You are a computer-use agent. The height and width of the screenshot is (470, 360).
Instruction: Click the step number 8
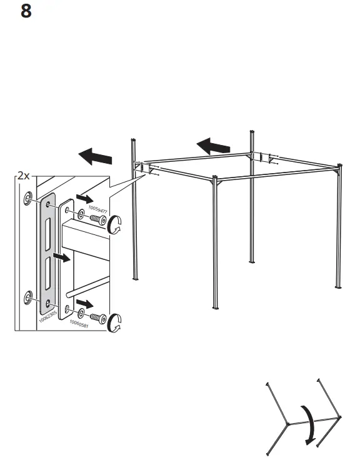tap(26, 11)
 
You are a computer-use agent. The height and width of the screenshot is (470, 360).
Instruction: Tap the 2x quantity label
tap(24, 176)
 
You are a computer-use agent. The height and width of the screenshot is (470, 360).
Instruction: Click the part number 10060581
tap(79, 323)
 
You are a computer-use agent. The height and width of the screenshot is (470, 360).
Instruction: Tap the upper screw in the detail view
tap(95, 219)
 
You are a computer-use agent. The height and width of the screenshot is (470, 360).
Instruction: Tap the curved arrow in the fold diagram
tap(307, 424)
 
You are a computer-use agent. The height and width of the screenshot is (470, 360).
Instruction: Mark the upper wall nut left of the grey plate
tap(29, 198)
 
